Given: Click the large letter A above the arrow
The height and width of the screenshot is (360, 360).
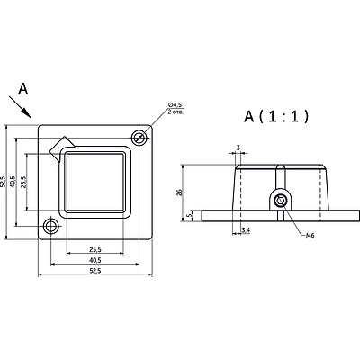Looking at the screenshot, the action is pos(23,89).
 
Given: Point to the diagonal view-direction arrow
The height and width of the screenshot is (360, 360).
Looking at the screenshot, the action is pos(20,107).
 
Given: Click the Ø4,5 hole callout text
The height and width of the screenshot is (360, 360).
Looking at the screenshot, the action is pos(175,104).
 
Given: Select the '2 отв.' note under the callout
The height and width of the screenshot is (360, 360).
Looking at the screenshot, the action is pos(175,112).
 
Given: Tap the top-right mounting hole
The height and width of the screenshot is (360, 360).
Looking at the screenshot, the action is pos(139,138).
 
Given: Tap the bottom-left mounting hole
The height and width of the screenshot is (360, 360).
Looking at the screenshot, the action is pos(51,226).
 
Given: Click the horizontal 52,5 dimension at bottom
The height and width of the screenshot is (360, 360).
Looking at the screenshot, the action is pos(95,271).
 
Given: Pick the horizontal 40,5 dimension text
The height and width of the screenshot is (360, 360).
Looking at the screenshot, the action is pos(95,260).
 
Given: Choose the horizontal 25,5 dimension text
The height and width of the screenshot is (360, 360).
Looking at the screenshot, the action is pos(95,249).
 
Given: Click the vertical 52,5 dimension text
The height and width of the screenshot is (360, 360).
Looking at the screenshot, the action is pos(3,182).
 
